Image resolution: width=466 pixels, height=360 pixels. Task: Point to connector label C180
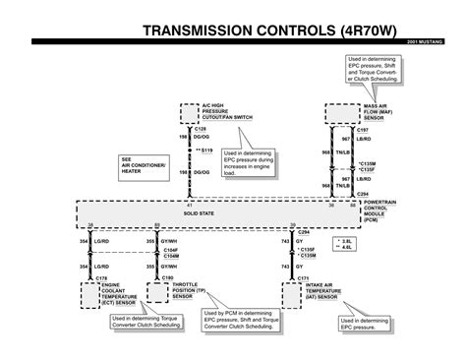166,279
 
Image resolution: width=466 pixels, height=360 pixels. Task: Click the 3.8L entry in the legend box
345,240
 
